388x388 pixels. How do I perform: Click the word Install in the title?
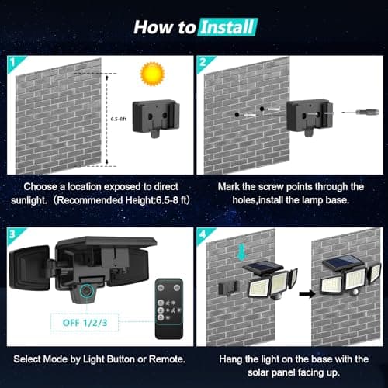click(227, 28)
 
